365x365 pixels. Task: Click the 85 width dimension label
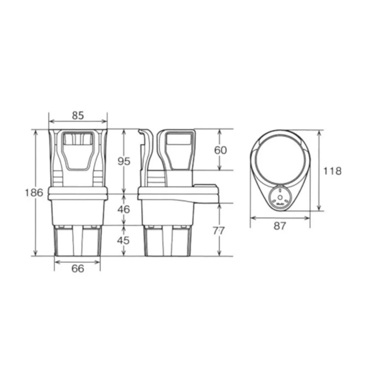[x=78, y=115]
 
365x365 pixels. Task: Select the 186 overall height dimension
[x=34, y=193]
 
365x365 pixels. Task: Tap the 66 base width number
[x=78, y=269]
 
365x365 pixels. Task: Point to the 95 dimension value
[x=124, y=161]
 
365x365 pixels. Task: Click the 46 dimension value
[x=124, y=209]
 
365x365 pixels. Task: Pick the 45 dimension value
[x=123, y=240]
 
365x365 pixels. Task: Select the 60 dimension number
[x=220, y=150]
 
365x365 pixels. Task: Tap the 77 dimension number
[x=219, y=231]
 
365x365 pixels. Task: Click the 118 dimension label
[x=333, y=171]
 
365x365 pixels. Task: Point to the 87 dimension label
[x=280, y=226]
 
